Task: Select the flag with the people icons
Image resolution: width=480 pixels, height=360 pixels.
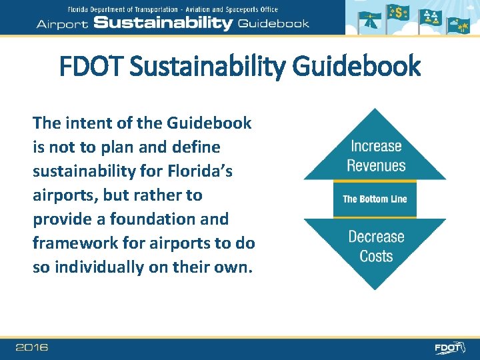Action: (432, 18)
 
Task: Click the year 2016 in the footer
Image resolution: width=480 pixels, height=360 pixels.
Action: (31, 347)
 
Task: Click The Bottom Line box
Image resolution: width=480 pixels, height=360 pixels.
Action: (375, 199)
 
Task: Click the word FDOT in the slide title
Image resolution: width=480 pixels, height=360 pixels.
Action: (91, 67)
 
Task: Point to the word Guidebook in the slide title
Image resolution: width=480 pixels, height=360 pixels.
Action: (363, 67)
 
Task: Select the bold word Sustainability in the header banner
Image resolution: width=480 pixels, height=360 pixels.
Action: (163, 23)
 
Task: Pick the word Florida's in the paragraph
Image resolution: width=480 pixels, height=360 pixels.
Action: (199, 171)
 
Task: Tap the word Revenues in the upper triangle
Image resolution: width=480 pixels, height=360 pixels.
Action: (376, 165)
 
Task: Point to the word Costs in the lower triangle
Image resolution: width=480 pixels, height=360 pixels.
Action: (376, 256)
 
